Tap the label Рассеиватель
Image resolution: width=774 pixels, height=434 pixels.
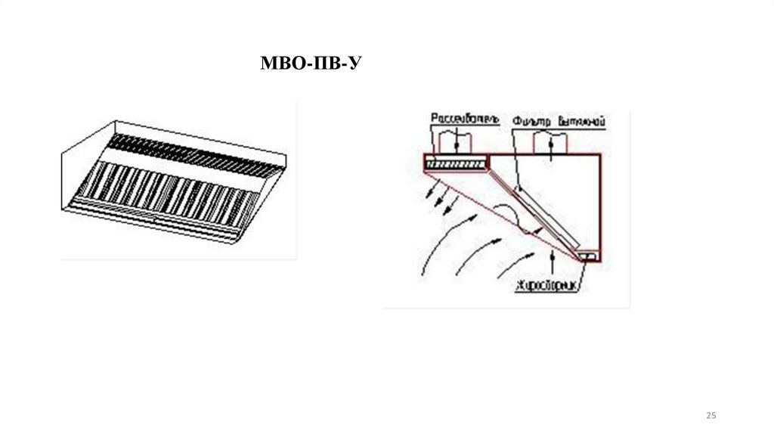(464, 119)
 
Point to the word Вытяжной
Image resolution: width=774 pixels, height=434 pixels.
(584, 120)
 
